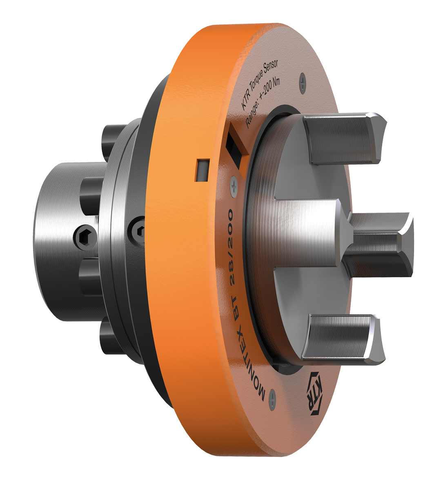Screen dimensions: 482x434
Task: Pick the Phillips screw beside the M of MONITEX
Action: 273,402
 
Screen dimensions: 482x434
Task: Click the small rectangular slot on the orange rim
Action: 201,169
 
